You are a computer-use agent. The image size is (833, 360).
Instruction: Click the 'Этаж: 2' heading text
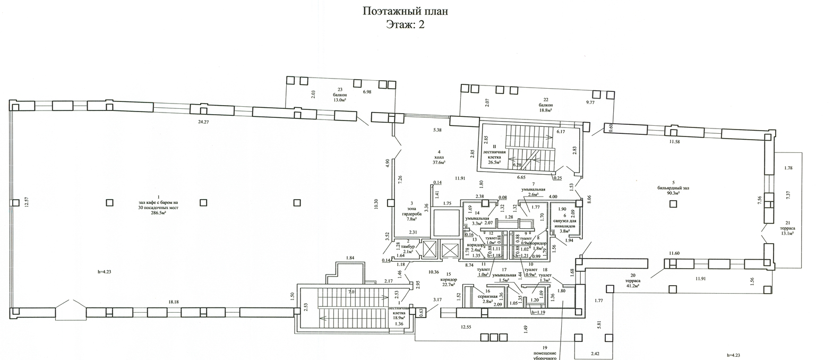tap(405, 24)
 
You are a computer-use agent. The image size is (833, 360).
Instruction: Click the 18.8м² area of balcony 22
tap(543, 110)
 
